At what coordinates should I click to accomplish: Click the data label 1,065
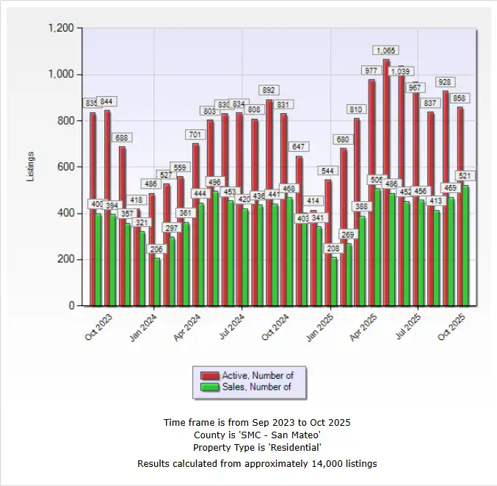pyautogui.click(x=386, y=50)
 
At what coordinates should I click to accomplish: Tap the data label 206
pyautogui.click(x=156, y=249)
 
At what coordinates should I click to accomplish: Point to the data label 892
pyautogui.click(x=269, y=90)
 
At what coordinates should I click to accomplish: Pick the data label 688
pyautogui.click(x=122, y=137)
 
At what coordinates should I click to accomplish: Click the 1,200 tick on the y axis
pyautogui.click(x=61, y=28)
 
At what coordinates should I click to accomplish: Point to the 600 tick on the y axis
pyautogui.click(x=65, y=167)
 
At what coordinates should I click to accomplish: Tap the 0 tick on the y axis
pyautogui.click(x=71, y=305)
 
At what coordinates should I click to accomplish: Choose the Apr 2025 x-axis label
pyautogui.click(x=364, y=324)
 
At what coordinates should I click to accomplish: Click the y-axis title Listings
pyautogui.click(x=31, y=167)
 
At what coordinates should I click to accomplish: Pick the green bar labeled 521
pyautogui.click(x=465, y=245)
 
